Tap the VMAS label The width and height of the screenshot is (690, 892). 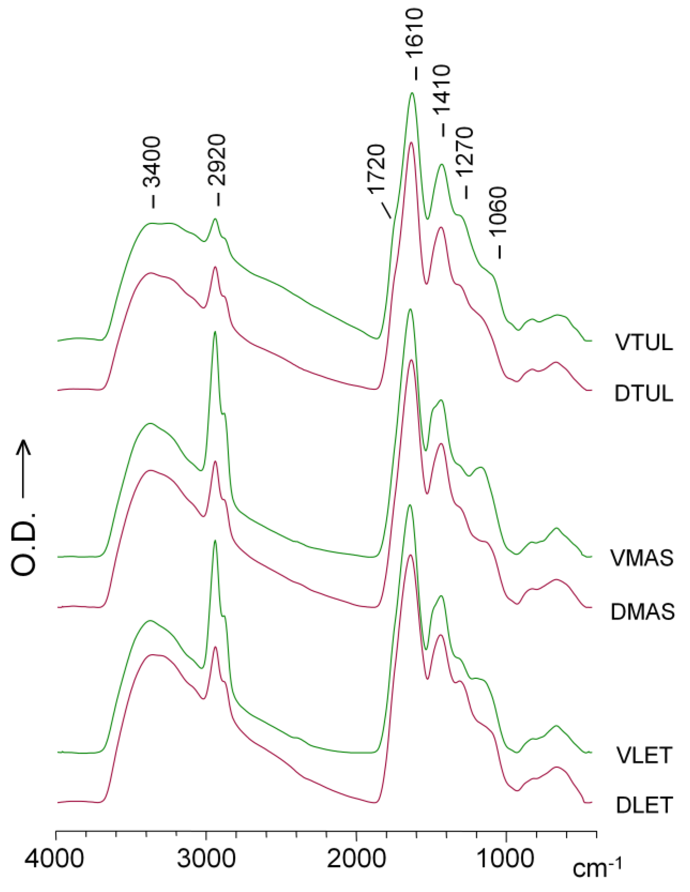tap(642, 558)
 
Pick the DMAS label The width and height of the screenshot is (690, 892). tap(642, 612)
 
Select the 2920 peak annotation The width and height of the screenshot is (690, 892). tap(217, 162)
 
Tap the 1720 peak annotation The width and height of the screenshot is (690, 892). tap(376, 169)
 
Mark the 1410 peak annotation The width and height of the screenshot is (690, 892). tap(442, 92)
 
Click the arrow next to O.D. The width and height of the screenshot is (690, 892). tap(25, 470)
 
